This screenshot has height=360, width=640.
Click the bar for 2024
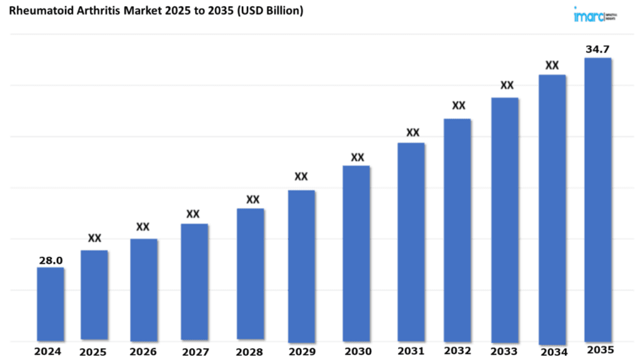(50, 304)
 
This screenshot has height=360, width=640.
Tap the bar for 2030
(356, 253)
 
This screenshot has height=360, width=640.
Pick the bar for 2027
(194, 282)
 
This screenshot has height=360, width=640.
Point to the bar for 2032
(457, 229)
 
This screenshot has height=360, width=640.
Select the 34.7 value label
(597, 49)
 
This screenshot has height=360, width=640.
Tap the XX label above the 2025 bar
(94, 238)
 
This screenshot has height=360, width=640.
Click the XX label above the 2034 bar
(552, 65)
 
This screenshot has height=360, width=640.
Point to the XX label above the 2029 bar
(301, 177)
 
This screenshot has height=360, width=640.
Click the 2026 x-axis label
(143, 352)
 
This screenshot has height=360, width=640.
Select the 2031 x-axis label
(411, 351)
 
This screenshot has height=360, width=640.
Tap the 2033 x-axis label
(504, 351)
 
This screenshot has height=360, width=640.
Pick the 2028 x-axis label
(251, 352)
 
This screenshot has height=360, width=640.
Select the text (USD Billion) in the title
(268, 11)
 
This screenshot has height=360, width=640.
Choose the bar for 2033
(504, 219)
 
